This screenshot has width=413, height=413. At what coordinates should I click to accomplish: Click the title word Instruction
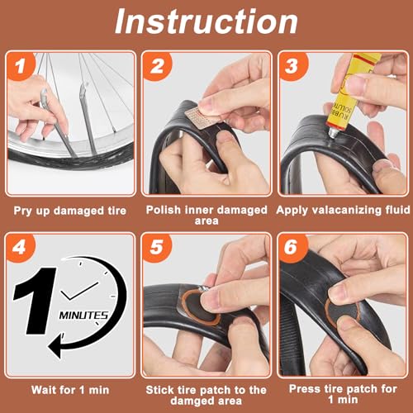click(206, 21)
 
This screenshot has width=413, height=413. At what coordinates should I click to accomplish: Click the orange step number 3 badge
click(291, 65)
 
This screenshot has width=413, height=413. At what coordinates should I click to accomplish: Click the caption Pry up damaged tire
click(70, 211)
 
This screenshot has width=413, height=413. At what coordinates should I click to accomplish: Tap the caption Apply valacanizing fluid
click(342, 211)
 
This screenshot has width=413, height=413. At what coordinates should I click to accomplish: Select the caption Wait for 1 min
click(70, 389)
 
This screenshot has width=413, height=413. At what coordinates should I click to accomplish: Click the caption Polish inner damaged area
click(206, 216)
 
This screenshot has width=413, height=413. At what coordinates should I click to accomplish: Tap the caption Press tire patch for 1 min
click(342, 395)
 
